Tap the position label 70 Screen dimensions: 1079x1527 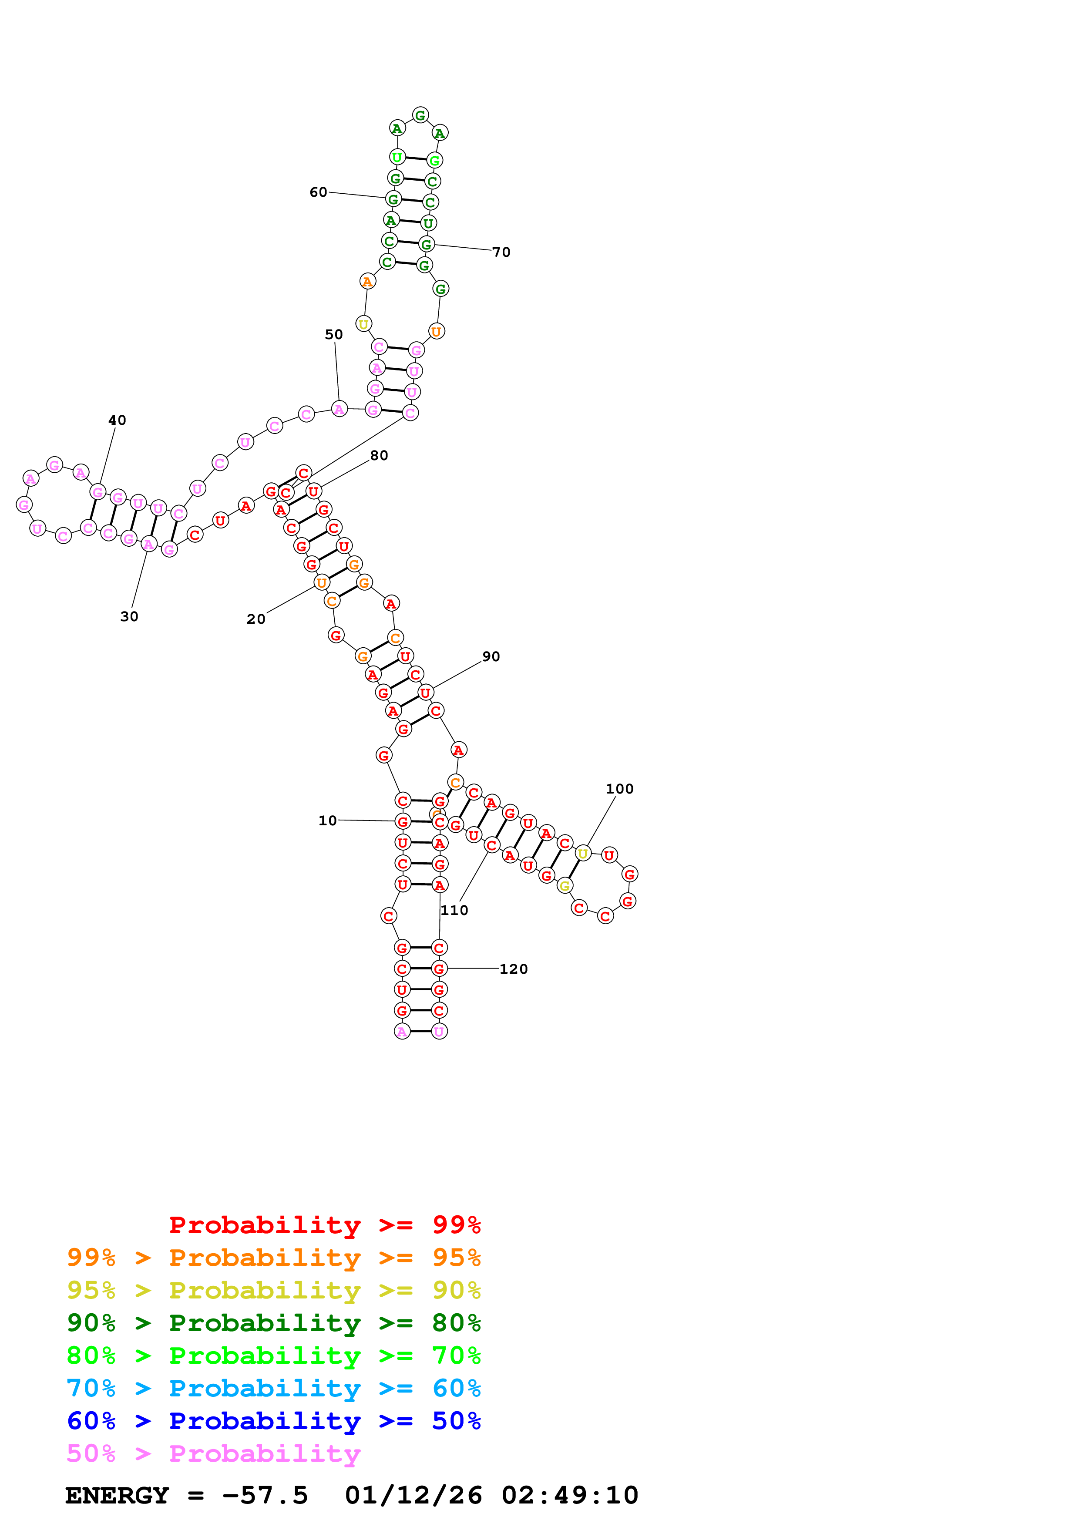click(x=501, y=252)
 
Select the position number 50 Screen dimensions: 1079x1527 click(x=334, y=335)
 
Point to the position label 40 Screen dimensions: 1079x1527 click(x=117, y=420)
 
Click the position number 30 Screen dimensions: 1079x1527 click(x=129, y=616)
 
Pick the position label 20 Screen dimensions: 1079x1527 click(x=256, y=619)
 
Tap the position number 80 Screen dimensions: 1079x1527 click(x=379, y=456)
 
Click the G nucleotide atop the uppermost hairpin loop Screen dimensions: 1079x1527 click(x=420, y=115)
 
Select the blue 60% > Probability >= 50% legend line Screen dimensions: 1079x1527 click(x=273, y=1421)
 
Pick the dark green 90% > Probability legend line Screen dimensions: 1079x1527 click(x=273, y=1323)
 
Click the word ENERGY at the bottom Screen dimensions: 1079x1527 click(x=117, y=1496)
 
